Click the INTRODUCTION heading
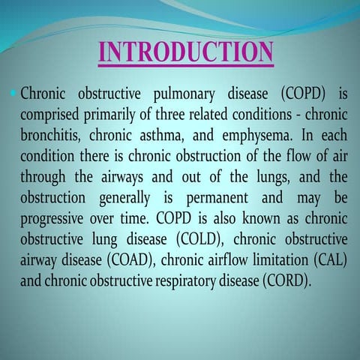pos(186,52)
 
